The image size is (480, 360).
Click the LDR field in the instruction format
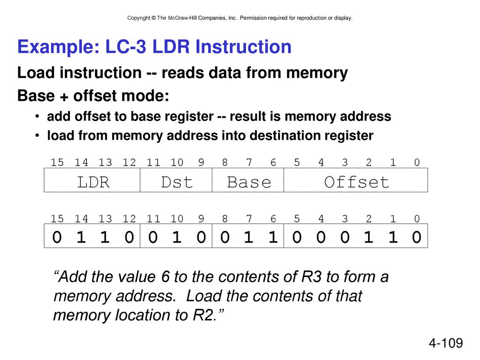[92, 180]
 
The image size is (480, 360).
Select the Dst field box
[176, 180]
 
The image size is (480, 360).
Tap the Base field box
[248, 180]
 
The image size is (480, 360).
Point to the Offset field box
[356, 180]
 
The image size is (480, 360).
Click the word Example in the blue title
[58, 47]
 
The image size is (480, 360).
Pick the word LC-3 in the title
[126, 46]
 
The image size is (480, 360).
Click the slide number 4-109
[446, 343]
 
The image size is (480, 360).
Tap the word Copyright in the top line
[139, 18]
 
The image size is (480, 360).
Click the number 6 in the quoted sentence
[165, 277]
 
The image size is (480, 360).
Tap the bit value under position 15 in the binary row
[57, 237]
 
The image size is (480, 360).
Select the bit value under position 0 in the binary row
[416, 237]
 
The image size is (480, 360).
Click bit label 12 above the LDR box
[129, 162]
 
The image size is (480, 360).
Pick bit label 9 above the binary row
[201, 218]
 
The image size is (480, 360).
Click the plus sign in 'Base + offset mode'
[64, 97]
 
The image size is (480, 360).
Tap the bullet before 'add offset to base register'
[37, 116]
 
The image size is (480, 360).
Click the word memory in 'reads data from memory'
[317, 73]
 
